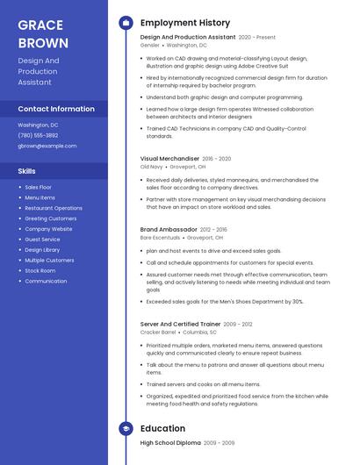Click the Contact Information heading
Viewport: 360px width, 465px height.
(56, 109)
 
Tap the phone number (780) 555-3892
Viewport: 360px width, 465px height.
(38, 135)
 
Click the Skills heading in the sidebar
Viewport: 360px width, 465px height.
(27, 171)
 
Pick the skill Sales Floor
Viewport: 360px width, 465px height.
(38, 187)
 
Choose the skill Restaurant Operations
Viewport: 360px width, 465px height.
(54, 208)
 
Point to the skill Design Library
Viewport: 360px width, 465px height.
(42, 250)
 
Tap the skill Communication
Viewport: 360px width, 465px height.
(46, 282)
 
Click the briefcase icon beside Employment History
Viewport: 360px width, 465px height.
(126, 23)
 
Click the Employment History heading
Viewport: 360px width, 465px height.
(185, 23)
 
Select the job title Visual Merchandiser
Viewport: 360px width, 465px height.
(169, 159)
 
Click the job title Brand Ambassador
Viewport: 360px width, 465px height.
(169, 230)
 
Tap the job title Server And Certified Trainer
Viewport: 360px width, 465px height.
(180, 324)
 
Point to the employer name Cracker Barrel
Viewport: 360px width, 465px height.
(157, 333)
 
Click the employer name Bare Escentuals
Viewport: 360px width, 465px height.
(160, 238)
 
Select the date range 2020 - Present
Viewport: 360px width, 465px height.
(256, 38)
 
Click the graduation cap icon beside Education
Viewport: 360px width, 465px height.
(126, 428)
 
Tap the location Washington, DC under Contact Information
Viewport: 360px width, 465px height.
(40, 125)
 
